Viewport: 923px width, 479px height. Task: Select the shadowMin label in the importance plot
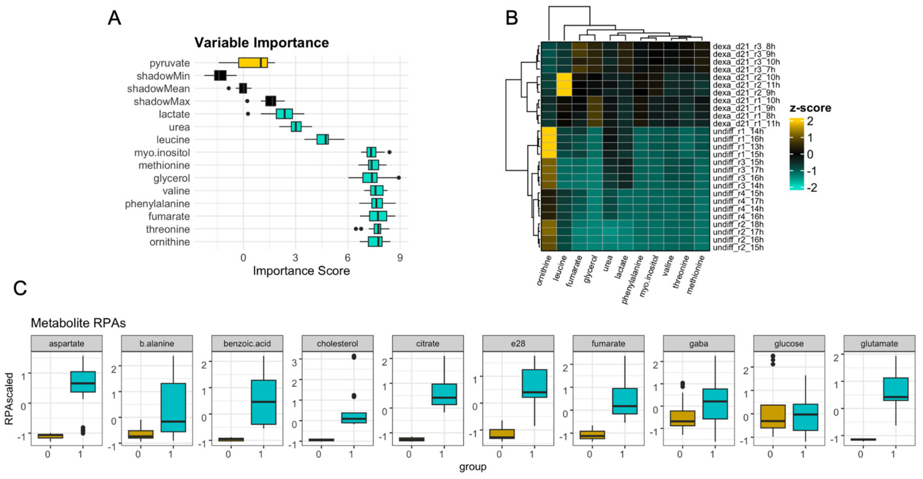click(x=163, y=76)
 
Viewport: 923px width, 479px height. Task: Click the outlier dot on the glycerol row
click(x=398, y=177)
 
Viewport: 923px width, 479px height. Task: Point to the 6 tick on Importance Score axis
click(x=347, y=258)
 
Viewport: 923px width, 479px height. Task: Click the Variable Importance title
click(x=262, y=43)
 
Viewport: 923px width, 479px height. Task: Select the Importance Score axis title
click(x=301, y=271)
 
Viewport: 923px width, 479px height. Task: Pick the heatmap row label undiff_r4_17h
click(x=738, y=201)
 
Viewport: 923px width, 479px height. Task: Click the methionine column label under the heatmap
click(x=696, y=275)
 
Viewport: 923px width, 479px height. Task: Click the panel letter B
click(x=512, y=18)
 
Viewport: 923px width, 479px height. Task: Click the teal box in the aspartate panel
click(x=83, y=382)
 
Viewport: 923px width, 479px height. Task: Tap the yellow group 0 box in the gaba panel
click(x=683, y=418)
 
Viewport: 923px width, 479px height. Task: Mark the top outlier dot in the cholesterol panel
click(x=354, y=356)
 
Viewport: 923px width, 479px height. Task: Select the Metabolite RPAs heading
click(x=78, y=323)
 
